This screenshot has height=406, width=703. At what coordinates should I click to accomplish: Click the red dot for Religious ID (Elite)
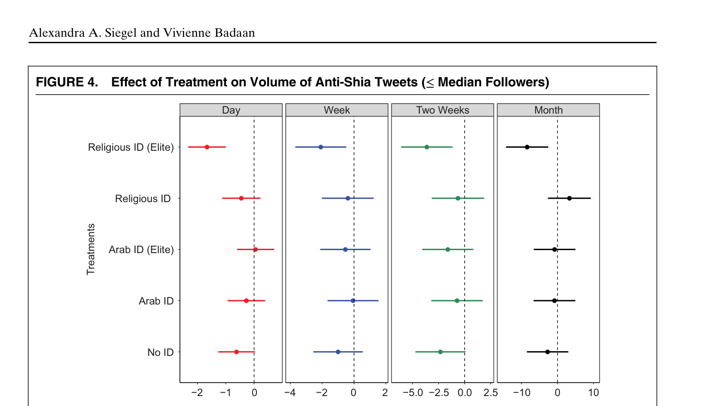click(207, 147)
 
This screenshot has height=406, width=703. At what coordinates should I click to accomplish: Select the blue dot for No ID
click(338, 352)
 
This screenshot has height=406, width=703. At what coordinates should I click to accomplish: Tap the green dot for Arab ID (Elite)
click(447, 250)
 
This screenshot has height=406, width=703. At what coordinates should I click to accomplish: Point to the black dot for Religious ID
click(569, 198)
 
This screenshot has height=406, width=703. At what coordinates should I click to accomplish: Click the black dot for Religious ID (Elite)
click(527, 147)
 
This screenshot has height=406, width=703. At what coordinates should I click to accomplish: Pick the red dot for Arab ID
click(246, 301)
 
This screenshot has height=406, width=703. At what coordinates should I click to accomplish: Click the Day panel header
click(231, 110)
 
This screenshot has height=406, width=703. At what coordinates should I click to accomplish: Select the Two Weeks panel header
click(442, 110)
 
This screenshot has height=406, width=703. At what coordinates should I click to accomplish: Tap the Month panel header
click(548, 110)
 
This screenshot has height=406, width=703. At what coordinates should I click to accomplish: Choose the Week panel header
click(337, 110)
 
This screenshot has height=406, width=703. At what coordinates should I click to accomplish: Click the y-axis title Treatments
click(91, 249)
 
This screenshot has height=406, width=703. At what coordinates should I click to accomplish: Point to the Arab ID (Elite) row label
click(141, 250)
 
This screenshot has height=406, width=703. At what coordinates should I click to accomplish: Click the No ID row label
click(160, 352)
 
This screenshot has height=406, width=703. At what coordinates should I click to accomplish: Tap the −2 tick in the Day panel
click(197, 393)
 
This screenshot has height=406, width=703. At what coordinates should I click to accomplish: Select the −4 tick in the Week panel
click(290, 393)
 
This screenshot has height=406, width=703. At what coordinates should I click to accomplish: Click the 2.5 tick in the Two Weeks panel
click(491, 393)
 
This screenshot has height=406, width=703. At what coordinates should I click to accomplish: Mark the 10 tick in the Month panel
click(594, 393)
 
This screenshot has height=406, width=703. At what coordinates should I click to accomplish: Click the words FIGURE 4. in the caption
click(67, 82)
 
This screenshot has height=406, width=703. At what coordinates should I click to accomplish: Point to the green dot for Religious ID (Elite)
click(427, 147)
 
